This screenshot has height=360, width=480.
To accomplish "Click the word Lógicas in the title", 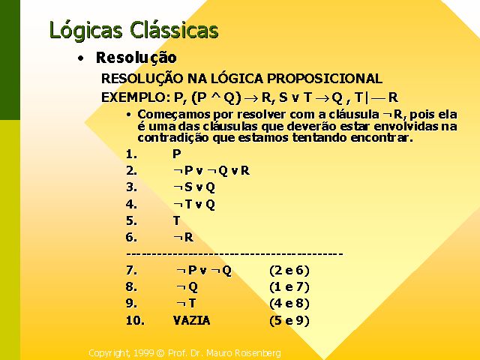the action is (85, 31).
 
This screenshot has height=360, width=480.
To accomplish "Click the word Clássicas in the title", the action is (174, 30).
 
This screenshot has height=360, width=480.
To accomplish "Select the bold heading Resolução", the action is (136, 58).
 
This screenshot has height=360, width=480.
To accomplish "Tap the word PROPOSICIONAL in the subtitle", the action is (325, 79).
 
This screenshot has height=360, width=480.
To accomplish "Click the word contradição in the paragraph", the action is (173, 138).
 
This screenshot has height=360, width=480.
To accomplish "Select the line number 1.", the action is (132, 154).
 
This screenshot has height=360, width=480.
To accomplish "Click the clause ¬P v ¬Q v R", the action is (211, 170).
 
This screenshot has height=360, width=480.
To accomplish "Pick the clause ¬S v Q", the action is (194, 187).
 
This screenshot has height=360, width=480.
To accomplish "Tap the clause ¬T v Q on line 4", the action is (194, 204).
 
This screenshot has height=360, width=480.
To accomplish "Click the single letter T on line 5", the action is (177, 220).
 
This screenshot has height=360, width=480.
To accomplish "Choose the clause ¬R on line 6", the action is (183, 237).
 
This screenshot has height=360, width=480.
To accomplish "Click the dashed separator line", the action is (235, 254).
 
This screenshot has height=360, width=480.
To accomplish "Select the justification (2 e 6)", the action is (289, 270).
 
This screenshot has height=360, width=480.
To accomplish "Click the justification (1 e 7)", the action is (289, 286).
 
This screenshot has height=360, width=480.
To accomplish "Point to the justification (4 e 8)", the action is (289, 303).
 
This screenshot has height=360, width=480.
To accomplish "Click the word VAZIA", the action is (192, 320).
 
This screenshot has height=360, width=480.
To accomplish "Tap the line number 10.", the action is (135, 320).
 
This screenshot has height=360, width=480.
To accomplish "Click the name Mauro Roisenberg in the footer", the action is (244, 353).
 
